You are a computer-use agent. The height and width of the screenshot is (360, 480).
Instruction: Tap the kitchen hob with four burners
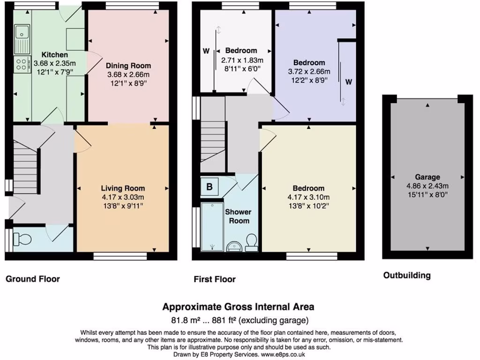[x=21, y=64]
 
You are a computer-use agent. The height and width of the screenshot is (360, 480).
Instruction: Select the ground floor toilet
[x=21, y=239]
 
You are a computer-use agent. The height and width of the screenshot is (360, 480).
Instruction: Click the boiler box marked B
[x=210, y=187]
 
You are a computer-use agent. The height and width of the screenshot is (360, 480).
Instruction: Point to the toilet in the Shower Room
[x=252, y=240]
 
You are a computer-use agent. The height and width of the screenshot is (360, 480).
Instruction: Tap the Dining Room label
[x=128, y=66]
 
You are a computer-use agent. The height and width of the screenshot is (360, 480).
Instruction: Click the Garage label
[x=427, y=177]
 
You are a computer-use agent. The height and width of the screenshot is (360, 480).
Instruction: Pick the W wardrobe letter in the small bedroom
[x=206, y=51]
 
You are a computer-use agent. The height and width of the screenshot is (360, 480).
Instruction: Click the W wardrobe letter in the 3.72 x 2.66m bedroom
[x=348, y=82]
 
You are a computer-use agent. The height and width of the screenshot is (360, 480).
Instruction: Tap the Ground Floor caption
[x=33, y=279]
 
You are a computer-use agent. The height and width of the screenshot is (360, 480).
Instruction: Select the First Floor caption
[x=215, y=279]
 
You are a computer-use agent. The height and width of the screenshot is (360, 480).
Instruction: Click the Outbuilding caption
[x=407, y=276]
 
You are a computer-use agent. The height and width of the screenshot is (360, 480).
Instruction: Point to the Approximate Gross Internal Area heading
[x=238, y=307]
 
